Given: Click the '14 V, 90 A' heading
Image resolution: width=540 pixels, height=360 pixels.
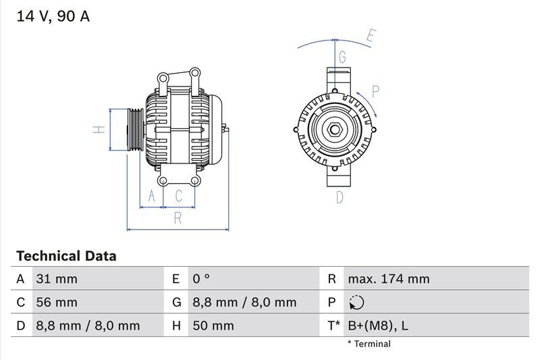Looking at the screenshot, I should (51, 16).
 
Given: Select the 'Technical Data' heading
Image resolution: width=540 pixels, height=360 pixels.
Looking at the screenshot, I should (65, 256).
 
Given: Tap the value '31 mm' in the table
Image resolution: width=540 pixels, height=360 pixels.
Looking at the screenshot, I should (56, 279).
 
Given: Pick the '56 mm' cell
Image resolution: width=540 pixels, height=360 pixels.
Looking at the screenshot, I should (57, 302).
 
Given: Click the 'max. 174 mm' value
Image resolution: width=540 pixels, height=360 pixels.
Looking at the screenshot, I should (389, 279).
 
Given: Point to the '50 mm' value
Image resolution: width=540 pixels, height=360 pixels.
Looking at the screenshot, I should (213, 326).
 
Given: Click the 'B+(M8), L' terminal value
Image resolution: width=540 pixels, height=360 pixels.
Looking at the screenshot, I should (377, 326).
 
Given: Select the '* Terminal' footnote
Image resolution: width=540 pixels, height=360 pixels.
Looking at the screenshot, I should (369, 344).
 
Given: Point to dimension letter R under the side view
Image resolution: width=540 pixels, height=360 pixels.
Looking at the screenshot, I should (178, 217).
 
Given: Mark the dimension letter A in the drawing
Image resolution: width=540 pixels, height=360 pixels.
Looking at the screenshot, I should (152, 196).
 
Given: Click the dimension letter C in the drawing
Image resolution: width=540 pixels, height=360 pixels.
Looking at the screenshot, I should (179, 196).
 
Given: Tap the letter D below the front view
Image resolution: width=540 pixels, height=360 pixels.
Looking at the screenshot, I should (340, 197).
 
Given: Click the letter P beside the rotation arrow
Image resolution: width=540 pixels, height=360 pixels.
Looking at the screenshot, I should (376, 91).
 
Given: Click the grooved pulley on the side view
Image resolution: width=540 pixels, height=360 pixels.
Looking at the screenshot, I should (133, 129).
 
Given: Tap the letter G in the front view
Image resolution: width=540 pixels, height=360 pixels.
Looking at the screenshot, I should (342, 56).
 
